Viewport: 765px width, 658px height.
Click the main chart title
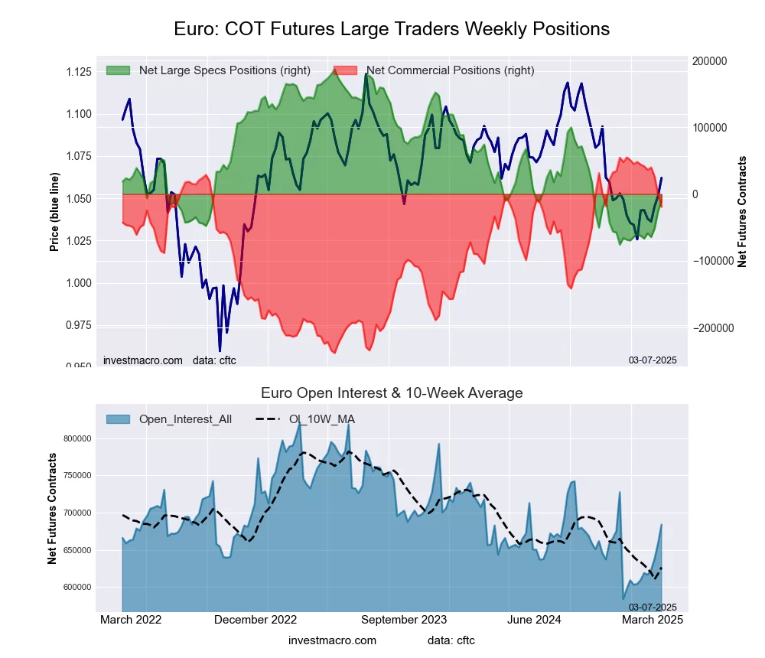(392, 29)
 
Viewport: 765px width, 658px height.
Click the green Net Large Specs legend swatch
(118, 70)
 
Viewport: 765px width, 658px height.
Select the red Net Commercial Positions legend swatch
(346, 70)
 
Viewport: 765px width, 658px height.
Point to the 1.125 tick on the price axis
(78, 72)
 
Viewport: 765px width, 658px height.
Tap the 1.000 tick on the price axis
(78, 283)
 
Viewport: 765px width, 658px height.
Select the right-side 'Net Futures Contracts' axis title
(742, 211)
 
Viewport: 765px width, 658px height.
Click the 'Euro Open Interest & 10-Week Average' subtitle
(392, 393)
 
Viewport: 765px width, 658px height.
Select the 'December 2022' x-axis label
(255, 620)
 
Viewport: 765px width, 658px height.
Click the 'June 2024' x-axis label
(541, 620)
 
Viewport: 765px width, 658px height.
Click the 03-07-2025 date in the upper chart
(653, 360)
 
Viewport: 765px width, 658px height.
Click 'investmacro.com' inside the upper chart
(143, 360)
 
